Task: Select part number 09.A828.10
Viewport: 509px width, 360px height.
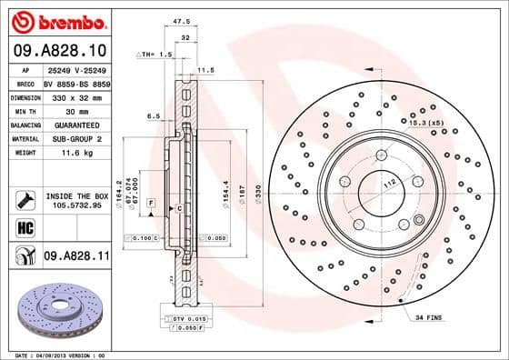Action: [59, 50]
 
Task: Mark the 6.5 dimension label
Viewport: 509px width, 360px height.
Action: [155, 115]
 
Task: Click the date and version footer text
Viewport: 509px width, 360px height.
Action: [60, 354]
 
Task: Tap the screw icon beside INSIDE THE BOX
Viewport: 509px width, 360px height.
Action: [25, 199]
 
